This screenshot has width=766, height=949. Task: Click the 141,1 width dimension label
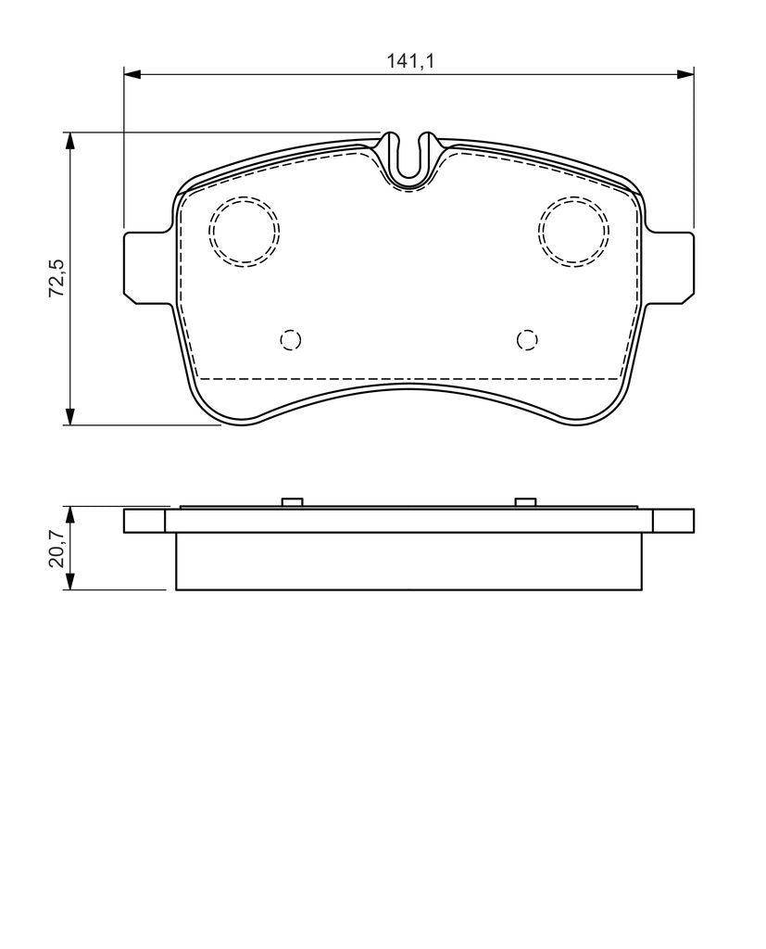coord(411,60)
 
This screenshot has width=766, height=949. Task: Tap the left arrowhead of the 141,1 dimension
coord(132,74)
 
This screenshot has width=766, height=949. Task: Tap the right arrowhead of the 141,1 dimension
coord(685,74)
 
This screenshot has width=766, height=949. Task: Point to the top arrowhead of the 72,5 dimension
coord(70,141)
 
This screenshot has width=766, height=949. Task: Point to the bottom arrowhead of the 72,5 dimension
coord(70,416)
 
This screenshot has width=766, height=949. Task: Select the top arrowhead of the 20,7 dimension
coord(70,515)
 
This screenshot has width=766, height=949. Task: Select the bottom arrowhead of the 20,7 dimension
coord(70,581)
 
